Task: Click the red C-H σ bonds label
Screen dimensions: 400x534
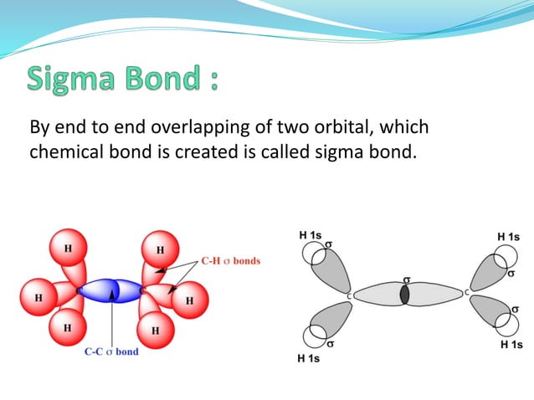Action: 231,261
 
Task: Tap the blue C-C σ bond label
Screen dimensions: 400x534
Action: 111,351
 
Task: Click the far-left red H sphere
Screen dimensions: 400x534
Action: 39,297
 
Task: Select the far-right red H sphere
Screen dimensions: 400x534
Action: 190,300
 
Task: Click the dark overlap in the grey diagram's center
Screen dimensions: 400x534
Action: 405,295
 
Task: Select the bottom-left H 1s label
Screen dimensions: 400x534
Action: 309,359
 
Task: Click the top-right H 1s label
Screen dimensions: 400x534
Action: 508,237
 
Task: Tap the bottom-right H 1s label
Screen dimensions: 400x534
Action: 511,345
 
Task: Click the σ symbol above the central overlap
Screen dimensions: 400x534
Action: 407,279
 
